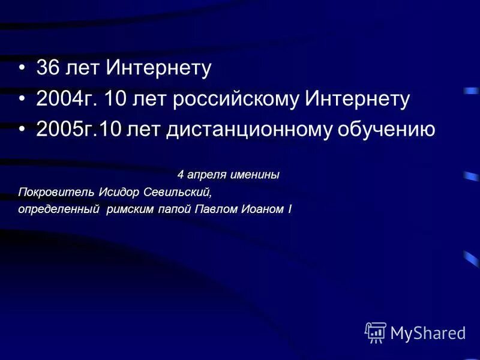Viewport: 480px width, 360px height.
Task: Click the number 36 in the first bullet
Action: pyautogui.click(x=47, y=68)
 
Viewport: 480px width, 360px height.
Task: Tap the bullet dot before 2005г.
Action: pyautogui.click(x=22, y=130)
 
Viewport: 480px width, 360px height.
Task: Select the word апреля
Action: pyautogui.click(x=206, y=175)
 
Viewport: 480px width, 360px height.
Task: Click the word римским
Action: pyautogui.click(x=130, y=209)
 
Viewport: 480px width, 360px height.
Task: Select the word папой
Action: pyautogui.click(x=175, y=209)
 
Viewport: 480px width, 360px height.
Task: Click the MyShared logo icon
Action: pyautogui.click(x=376, y=332)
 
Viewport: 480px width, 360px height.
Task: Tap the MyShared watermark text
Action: pyautogui.click(x=428, y=332)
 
